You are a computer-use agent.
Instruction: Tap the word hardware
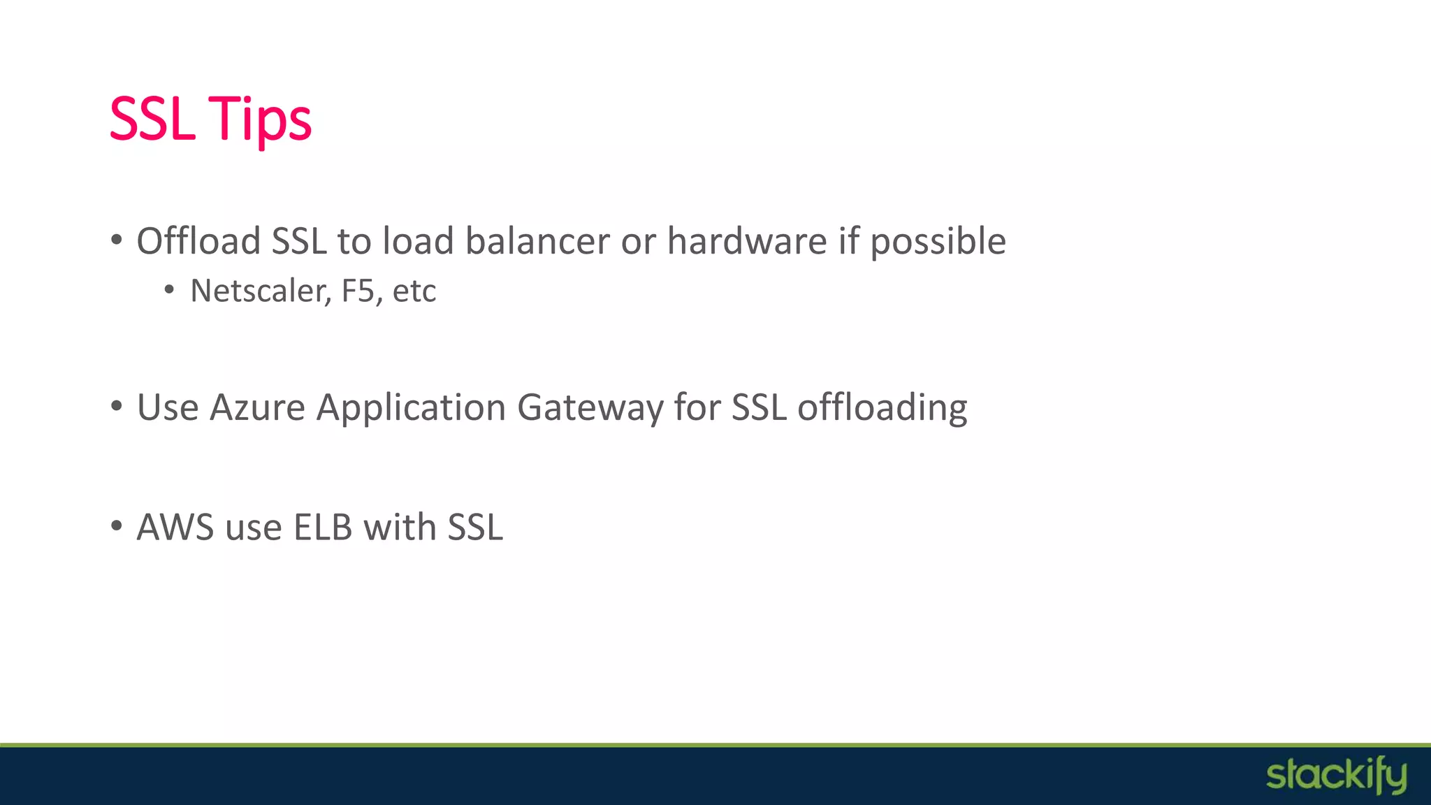747,241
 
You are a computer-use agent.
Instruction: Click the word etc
414,291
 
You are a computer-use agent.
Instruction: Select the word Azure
257,407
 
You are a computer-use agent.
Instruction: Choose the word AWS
175,528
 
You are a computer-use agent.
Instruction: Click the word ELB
323,528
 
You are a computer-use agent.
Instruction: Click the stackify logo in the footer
1336,776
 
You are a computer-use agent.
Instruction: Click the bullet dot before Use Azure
117,405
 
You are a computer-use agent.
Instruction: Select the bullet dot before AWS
117,525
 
